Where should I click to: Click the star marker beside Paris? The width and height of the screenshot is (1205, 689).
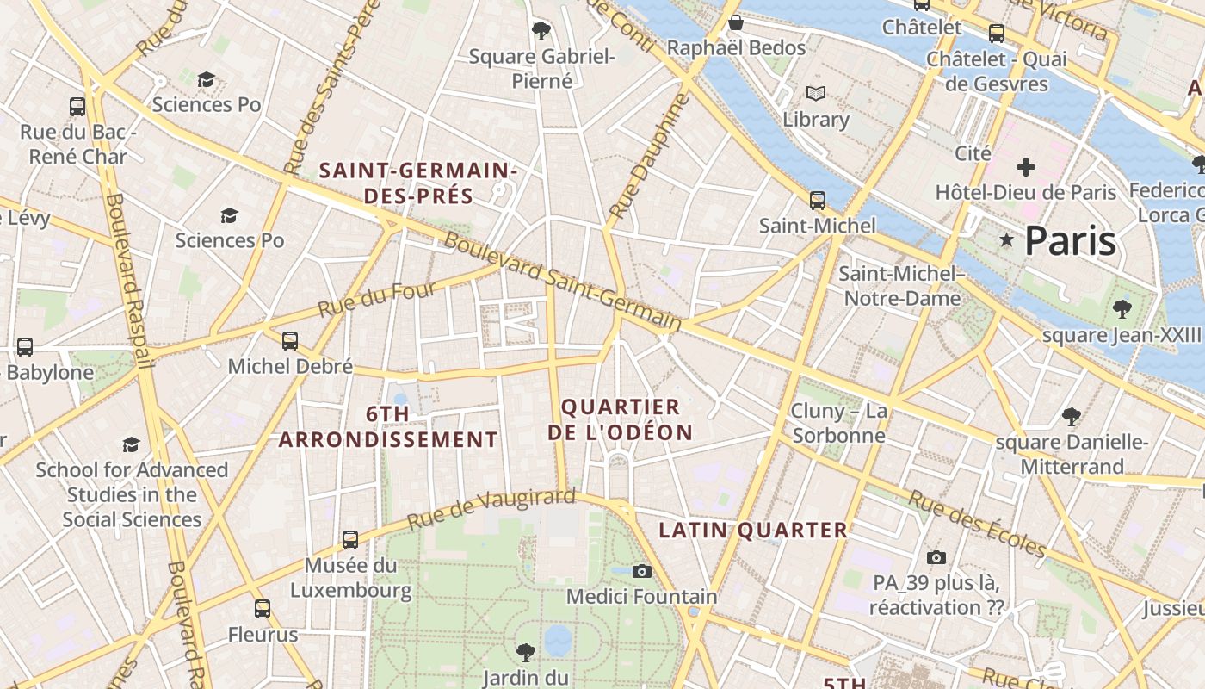tap(1006, 239)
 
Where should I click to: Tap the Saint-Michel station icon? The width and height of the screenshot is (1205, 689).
tap(818, 201)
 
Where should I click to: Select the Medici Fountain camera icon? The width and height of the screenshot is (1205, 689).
tap(641, 571)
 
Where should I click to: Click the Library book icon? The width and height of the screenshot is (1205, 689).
tap(816, 93)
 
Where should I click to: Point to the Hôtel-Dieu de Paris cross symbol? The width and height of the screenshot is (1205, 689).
tap(1025, 167)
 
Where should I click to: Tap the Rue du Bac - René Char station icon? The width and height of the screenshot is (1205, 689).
tap(77, 107)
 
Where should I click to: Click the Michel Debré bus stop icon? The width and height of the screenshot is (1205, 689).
tap(290, 341)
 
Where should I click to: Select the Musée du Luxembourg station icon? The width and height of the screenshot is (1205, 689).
tap(350, 540)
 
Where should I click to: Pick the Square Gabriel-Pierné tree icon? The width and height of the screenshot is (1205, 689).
tap(541, 32)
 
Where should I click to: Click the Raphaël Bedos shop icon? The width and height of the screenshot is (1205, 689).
tap(736, 22)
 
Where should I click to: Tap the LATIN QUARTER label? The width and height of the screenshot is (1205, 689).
tap(753, 530)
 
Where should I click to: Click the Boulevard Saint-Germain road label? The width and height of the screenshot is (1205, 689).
tap(563, 282)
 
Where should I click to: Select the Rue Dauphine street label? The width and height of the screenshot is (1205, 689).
tap(650, 155)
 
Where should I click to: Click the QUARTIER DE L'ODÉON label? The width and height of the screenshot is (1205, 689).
tap(621, 419)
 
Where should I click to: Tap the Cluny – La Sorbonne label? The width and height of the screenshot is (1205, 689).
tap(839, 423)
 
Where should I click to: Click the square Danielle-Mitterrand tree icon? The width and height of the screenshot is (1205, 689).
tap(1072, 418)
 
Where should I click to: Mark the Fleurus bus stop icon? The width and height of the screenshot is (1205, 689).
tap(263, 609)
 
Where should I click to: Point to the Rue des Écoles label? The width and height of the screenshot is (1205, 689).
tap(977, 525)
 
